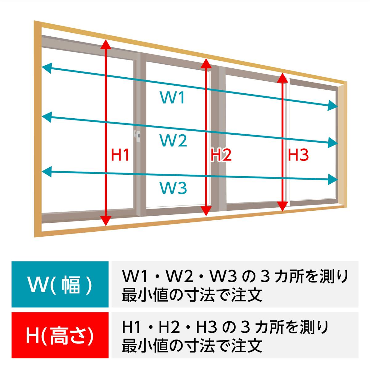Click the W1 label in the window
(172, 98)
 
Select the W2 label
(173, 141)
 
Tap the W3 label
(173, 188)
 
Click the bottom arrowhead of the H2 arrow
(206, 211)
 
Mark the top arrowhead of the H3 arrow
(282, 78)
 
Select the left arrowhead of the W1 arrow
(47, 68)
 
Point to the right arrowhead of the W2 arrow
(332, 142)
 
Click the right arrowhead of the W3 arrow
(333, 179)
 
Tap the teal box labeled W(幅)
(60, 284)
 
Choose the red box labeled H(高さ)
(60, 335)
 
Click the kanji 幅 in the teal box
(71, 285)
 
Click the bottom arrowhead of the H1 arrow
(106, 221)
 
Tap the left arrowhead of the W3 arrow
(47, 172)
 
